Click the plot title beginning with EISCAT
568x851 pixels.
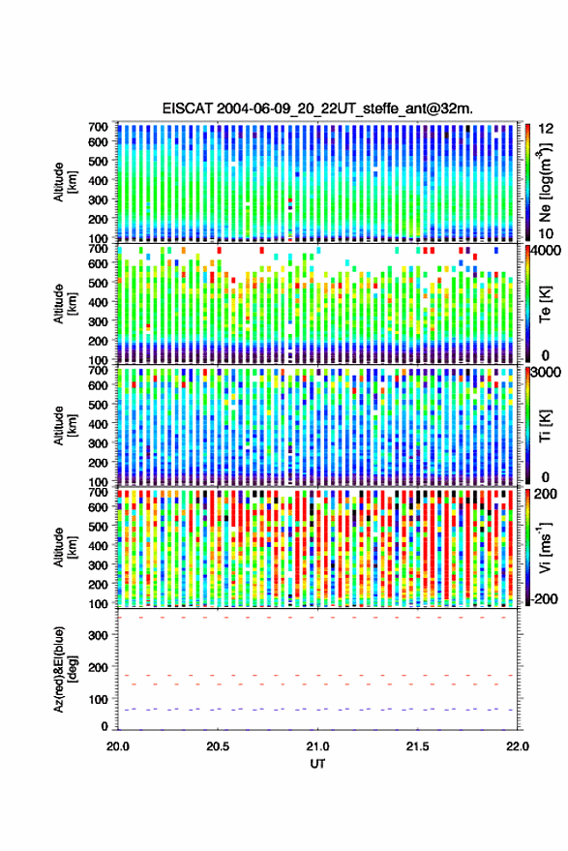pyautogui.click(x=317, y=108)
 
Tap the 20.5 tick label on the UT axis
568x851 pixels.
pyautogui.click(x=218, y=746)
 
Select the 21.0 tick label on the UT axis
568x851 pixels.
pyautogui.click(x=317, y=746)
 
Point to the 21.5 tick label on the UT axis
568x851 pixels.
pyautogui.click(x=417, y=746)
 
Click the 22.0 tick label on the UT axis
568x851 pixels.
pyautogui.click(x=517, y=746)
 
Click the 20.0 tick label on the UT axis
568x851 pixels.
pyautogui.click(x=118, y=746)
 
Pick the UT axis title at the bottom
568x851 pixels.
pyautogui.click(x=317, y=764)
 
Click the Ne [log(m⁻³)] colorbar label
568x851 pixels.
pyautogui.click(x=545, y=182)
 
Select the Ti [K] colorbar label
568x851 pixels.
pyautogui.click(x=545, y=426)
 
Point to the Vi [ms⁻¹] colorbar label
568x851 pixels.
pyautogui.click(x=545, y=547)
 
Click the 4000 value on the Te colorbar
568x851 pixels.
pyautogui.click(x=546, y=253)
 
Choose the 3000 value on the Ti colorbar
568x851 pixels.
pyautogui.click(x=546, y=373)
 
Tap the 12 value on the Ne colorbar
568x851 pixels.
pyautogui.click(x=546, y=129)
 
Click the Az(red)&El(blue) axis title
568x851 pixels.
pyautogui.click(x=65, y=669)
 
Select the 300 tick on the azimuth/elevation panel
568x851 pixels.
pyautogui.click(x=99, y=635)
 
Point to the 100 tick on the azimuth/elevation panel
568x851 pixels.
pyautogui.click(x=99, y=700)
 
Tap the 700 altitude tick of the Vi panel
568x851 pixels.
pyautogui.click(x=98, y=492)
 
